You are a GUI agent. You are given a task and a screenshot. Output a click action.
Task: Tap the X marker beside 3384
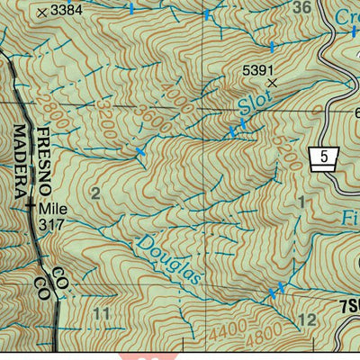point(42,12)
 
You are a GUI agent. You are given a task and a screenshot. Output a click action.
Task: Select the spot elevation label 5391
point(259,67)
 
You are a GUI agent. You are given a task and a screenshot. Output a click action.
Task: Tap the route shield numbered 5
point(322,157)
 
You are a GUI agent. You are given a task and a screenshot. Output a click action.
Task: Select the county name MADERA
point(20,161)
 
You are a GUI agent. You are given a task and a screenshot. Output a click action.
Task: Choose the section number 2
point(95,191)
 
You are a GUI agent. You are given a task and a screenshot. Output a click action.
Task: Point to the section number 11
point(101,313)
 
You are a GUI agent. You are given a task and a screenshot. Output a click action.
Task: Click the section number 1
point(301,203)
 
